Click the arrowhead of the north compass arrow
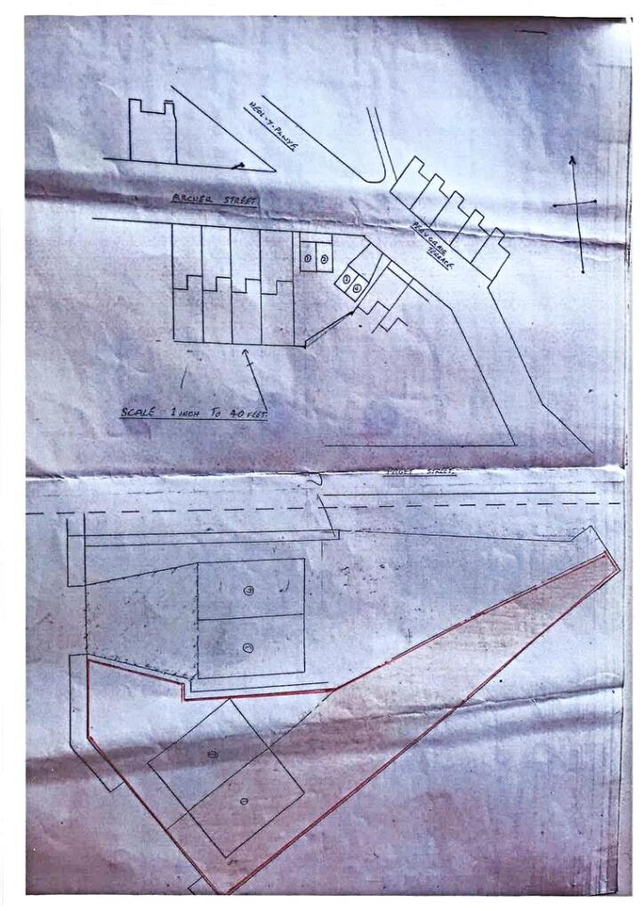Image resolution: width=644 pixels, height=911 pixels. [x=572, y=160]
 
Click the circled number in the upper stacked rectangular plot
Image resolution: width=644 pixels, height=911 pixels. [x=248, y=590]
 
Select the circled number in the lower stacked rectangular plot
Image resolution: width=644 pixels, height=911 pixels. [x=247, y=647]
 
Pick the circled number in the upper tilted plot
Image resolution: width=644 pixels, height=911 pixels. [x=212, y=754]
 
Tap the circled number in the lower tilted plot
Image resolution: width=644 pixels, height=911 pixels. [x=244, y=802]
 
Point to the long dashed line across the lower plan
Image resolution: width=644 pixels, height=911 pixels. [x=178, y=512]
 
